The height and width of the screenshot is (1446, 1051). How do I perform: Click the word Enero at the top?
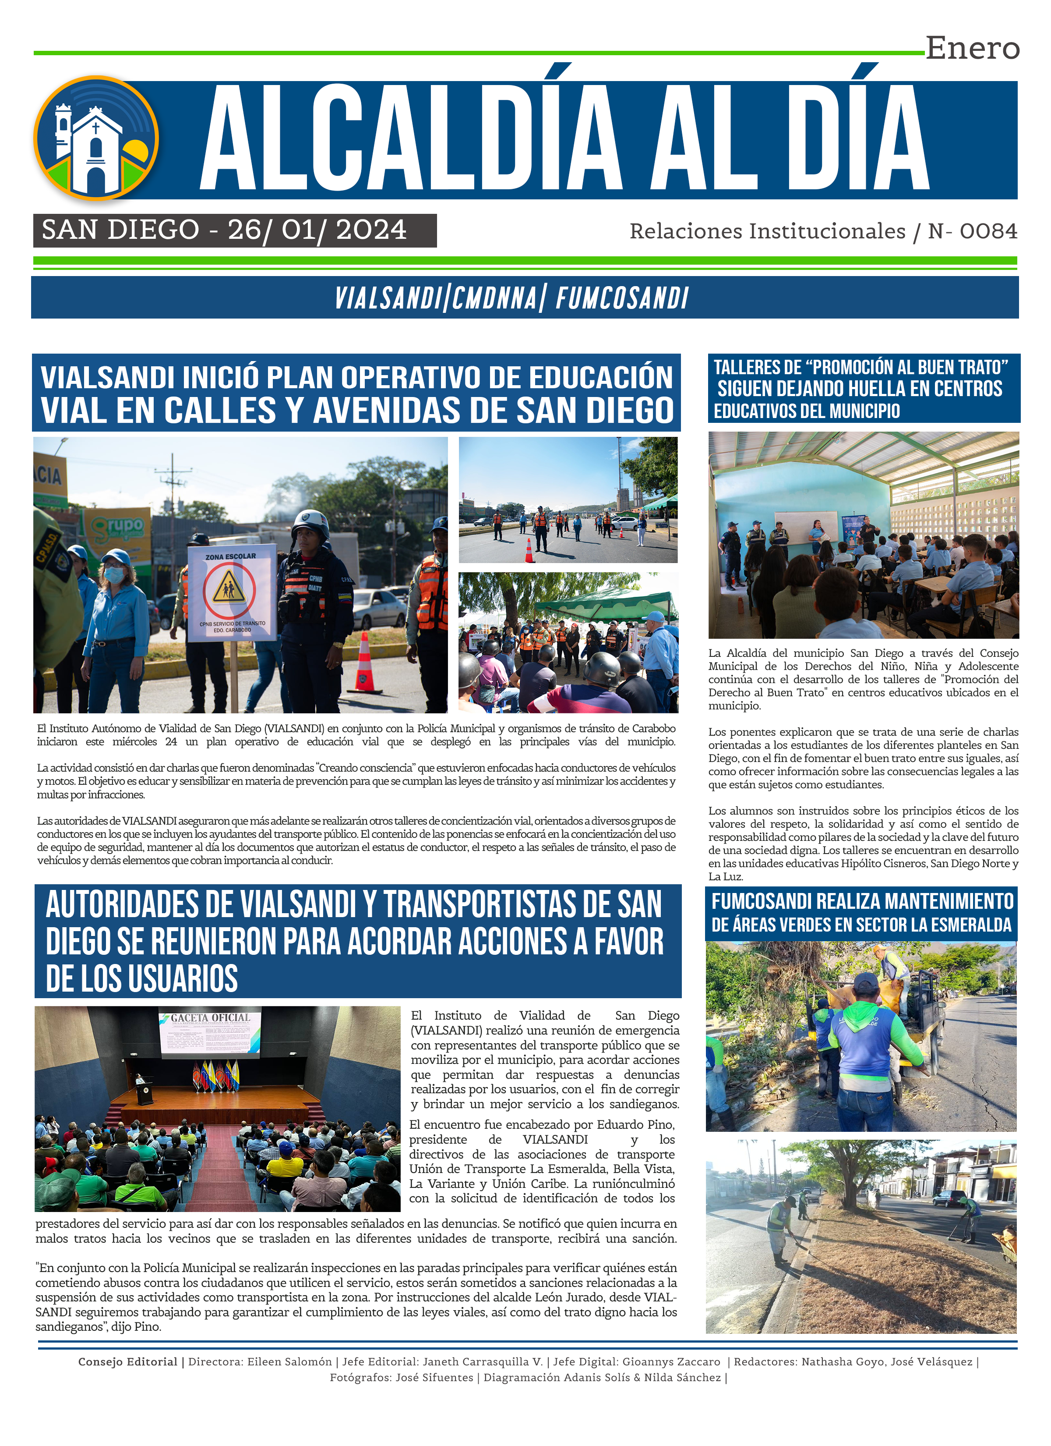point(972,49)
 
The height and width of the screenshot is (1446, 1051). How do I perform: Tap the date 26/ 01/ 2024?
point(317,230)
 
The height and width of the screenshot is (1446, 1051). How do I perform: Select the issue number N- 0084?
point(973,231)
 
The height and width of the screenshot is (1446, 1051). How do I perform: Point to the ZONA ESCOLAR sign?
point(231,591)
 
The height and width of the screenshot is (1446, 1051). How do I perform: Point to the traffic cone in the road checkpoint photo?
point(529,550)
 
